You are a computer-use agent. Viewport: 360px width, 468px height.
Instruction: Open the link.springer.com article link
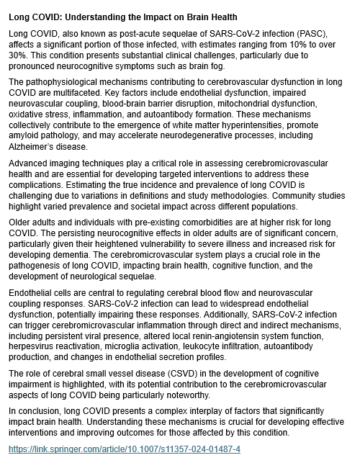click(125, 449)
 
